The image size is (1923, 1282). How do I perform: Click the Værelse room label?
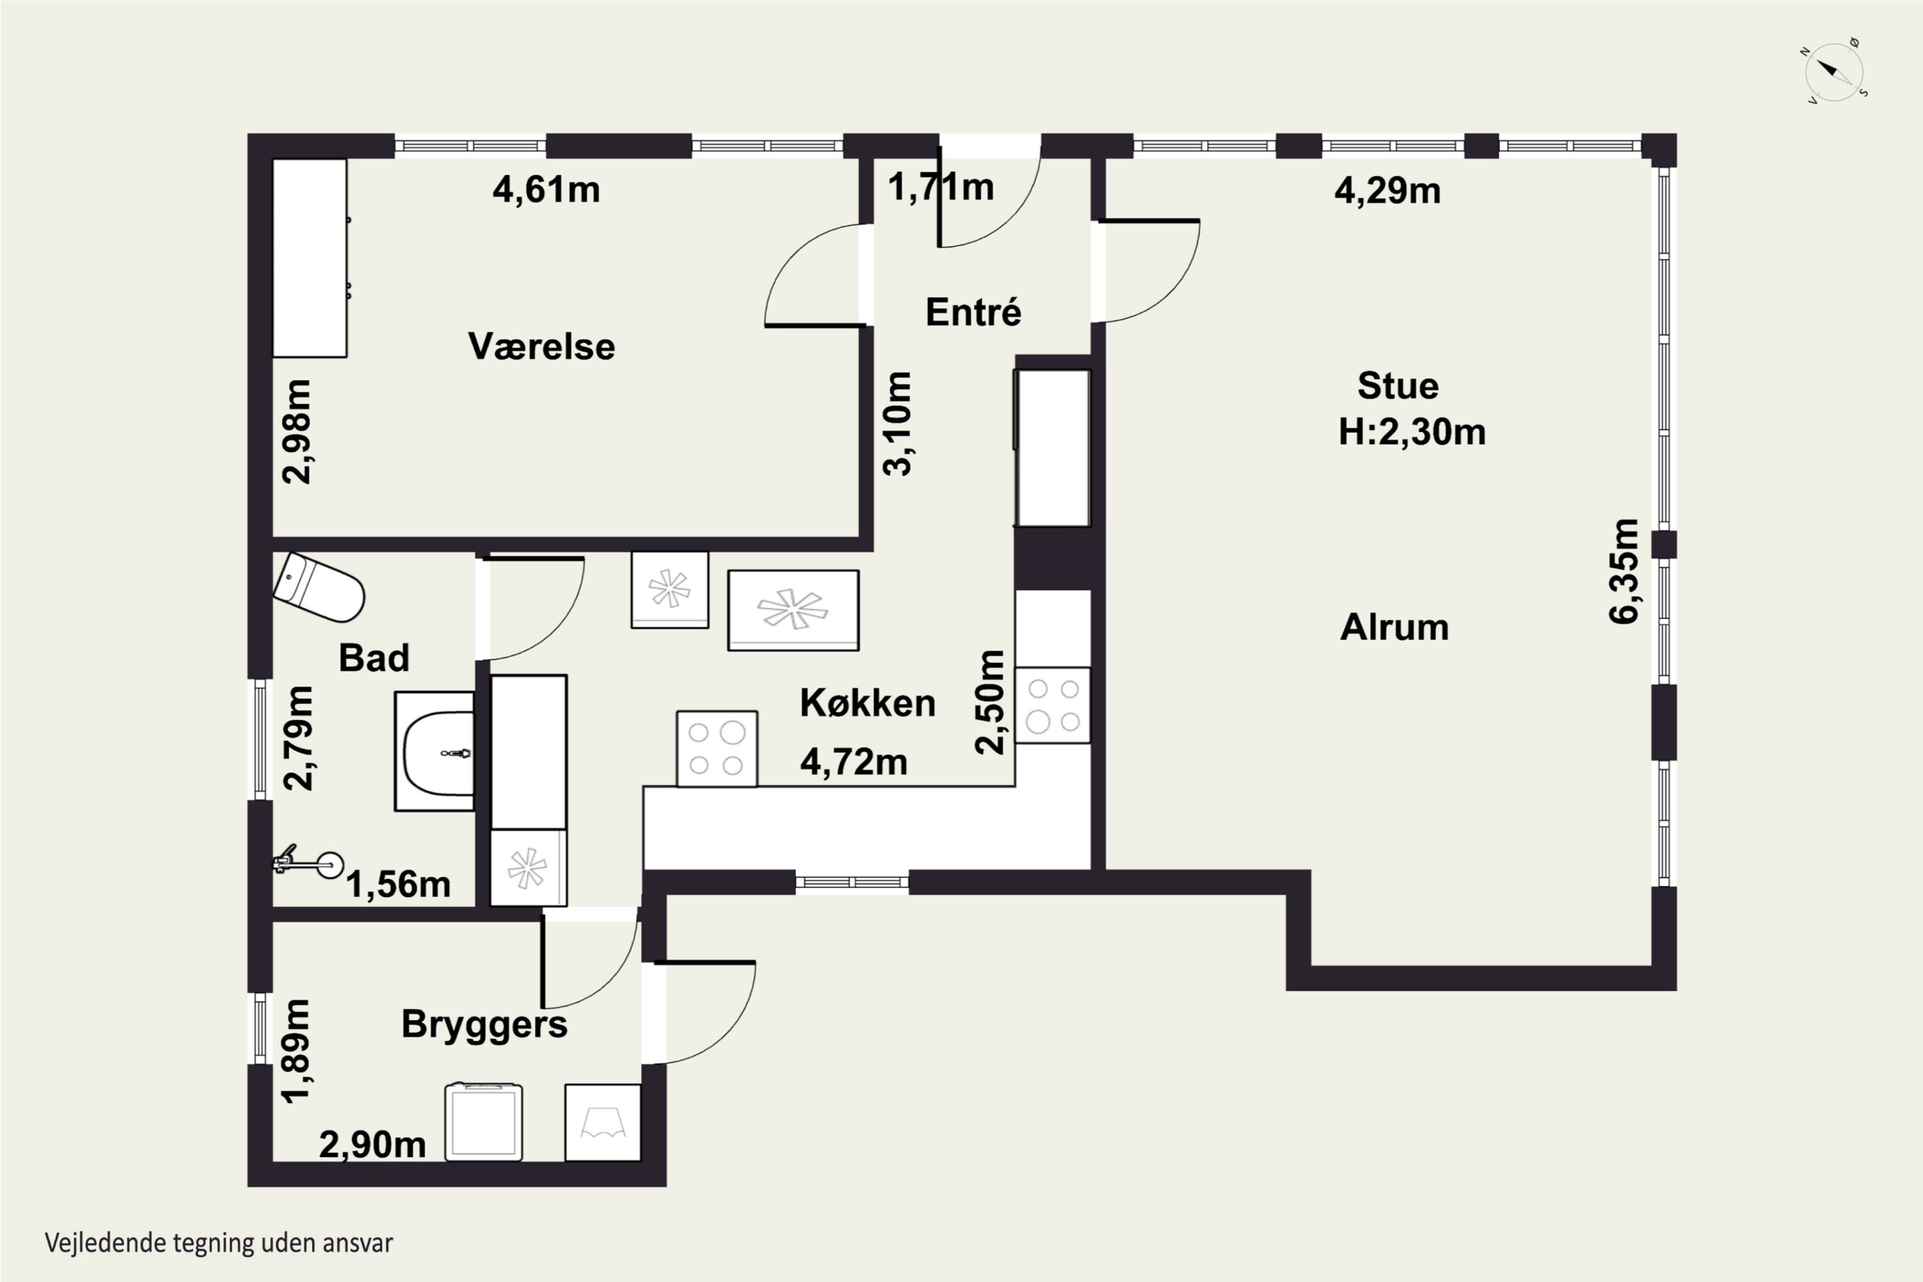tap(541, 347)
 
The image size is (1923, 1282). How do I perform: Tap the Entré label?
tap(973, 312)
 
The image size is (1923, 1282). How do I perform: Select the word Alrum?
tap(1395, 627)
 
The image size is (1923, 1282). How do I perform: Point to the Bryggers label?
tap(484, 1025)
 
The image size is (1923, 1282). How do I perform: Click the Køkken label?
tap(867, 703)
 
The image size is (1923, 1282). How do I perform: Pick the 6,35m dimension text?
tap(1624, 572)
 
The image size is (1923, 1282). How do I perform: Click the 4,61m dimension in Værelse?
tap(546, 190)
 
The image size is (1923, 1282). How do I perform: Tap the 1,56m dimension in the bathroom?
tap(398, 885)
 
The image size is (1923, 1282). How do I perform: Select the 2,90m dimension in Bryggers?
tap(373, 1145)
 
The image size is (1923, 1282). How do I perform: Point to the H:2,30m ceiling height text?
tap(1412, 431)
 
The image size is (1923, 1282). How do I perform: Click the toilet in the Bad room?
tap(318, 587)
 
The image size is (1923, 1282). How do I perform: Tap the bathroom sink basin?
tap(434, 751)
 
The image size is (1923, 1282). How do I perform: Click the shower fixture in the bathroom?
tap(308, 863)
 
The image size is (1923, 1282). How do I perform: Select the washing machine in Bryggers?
tap(484, 1122)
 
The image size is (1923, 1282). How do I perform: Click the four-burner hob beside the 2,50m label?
tap(1053, 706)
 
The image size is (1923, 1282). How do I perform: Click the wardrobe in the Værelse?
tap(310, 258)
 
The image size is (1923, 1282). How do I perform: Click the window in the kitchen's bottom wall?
tap(852, 881)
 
